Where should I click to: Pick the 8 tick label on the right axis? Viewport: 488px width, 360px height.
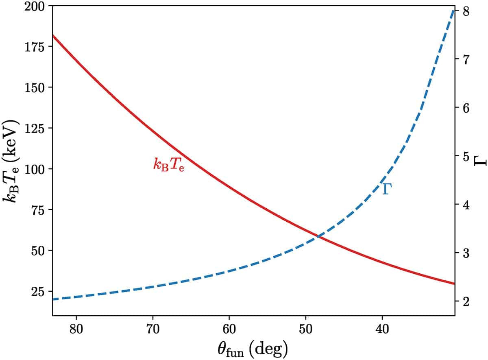(x=466, y=11)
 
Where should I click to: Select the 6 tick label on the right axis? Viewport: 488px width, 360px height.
(x=466, y=108)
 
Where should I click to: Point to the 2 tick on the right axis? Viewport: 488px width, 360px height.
(x=466, y=301)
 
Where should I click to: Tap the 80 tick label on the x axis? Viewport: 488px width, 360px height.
(x=76, y=329)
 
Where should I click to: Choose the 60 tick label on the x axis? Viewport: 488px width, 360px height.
(x=229, y=329)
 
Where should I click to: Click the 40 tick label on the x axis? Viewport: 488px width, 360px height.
(x=382, y=329)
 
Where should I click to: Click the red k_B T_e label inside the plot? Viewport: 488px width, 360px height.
(x=169, y=164)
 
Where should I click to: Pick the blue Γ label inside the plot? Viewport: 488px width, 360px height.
(x=387, y=189)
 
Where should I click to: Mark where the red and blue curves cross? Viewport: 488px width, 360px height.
(x=318, y=236)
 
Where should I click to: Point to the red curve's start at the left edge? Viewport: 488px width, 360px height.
(x=53, y=36)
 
